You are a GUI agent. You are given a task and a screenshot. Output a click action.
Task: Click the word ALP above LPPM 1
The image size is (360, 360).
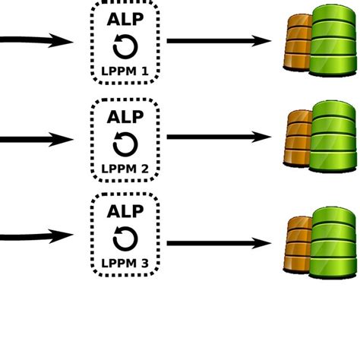125,21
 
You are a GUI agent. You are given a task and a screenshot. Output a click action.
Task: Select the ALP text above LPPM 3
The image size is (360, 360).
125,211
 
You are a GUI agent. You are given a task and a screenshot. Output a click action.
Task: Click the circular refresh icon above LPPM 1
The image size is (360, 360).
125,48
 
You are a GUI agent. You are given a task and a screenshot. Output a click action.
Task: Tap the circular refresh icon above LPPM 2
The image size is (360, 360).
125,143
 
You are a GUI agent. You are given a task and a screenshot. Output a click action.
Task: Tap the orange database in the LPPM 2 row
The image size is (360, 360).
298,141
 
